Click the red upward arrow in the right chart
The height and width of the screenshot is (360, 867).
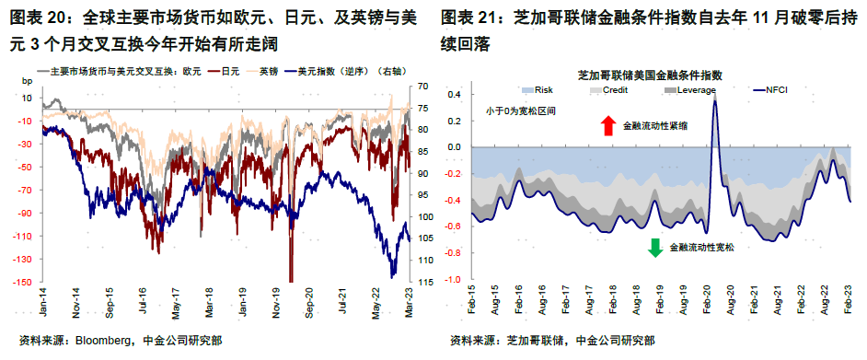[607, 126]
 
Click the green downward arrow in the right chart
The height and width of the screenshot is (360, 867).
[655, 247]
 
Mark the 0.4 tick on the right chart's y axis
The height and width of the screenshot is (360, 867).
[454, 94]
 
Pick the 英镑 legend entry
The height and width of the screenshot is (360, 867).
[268, 71]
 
